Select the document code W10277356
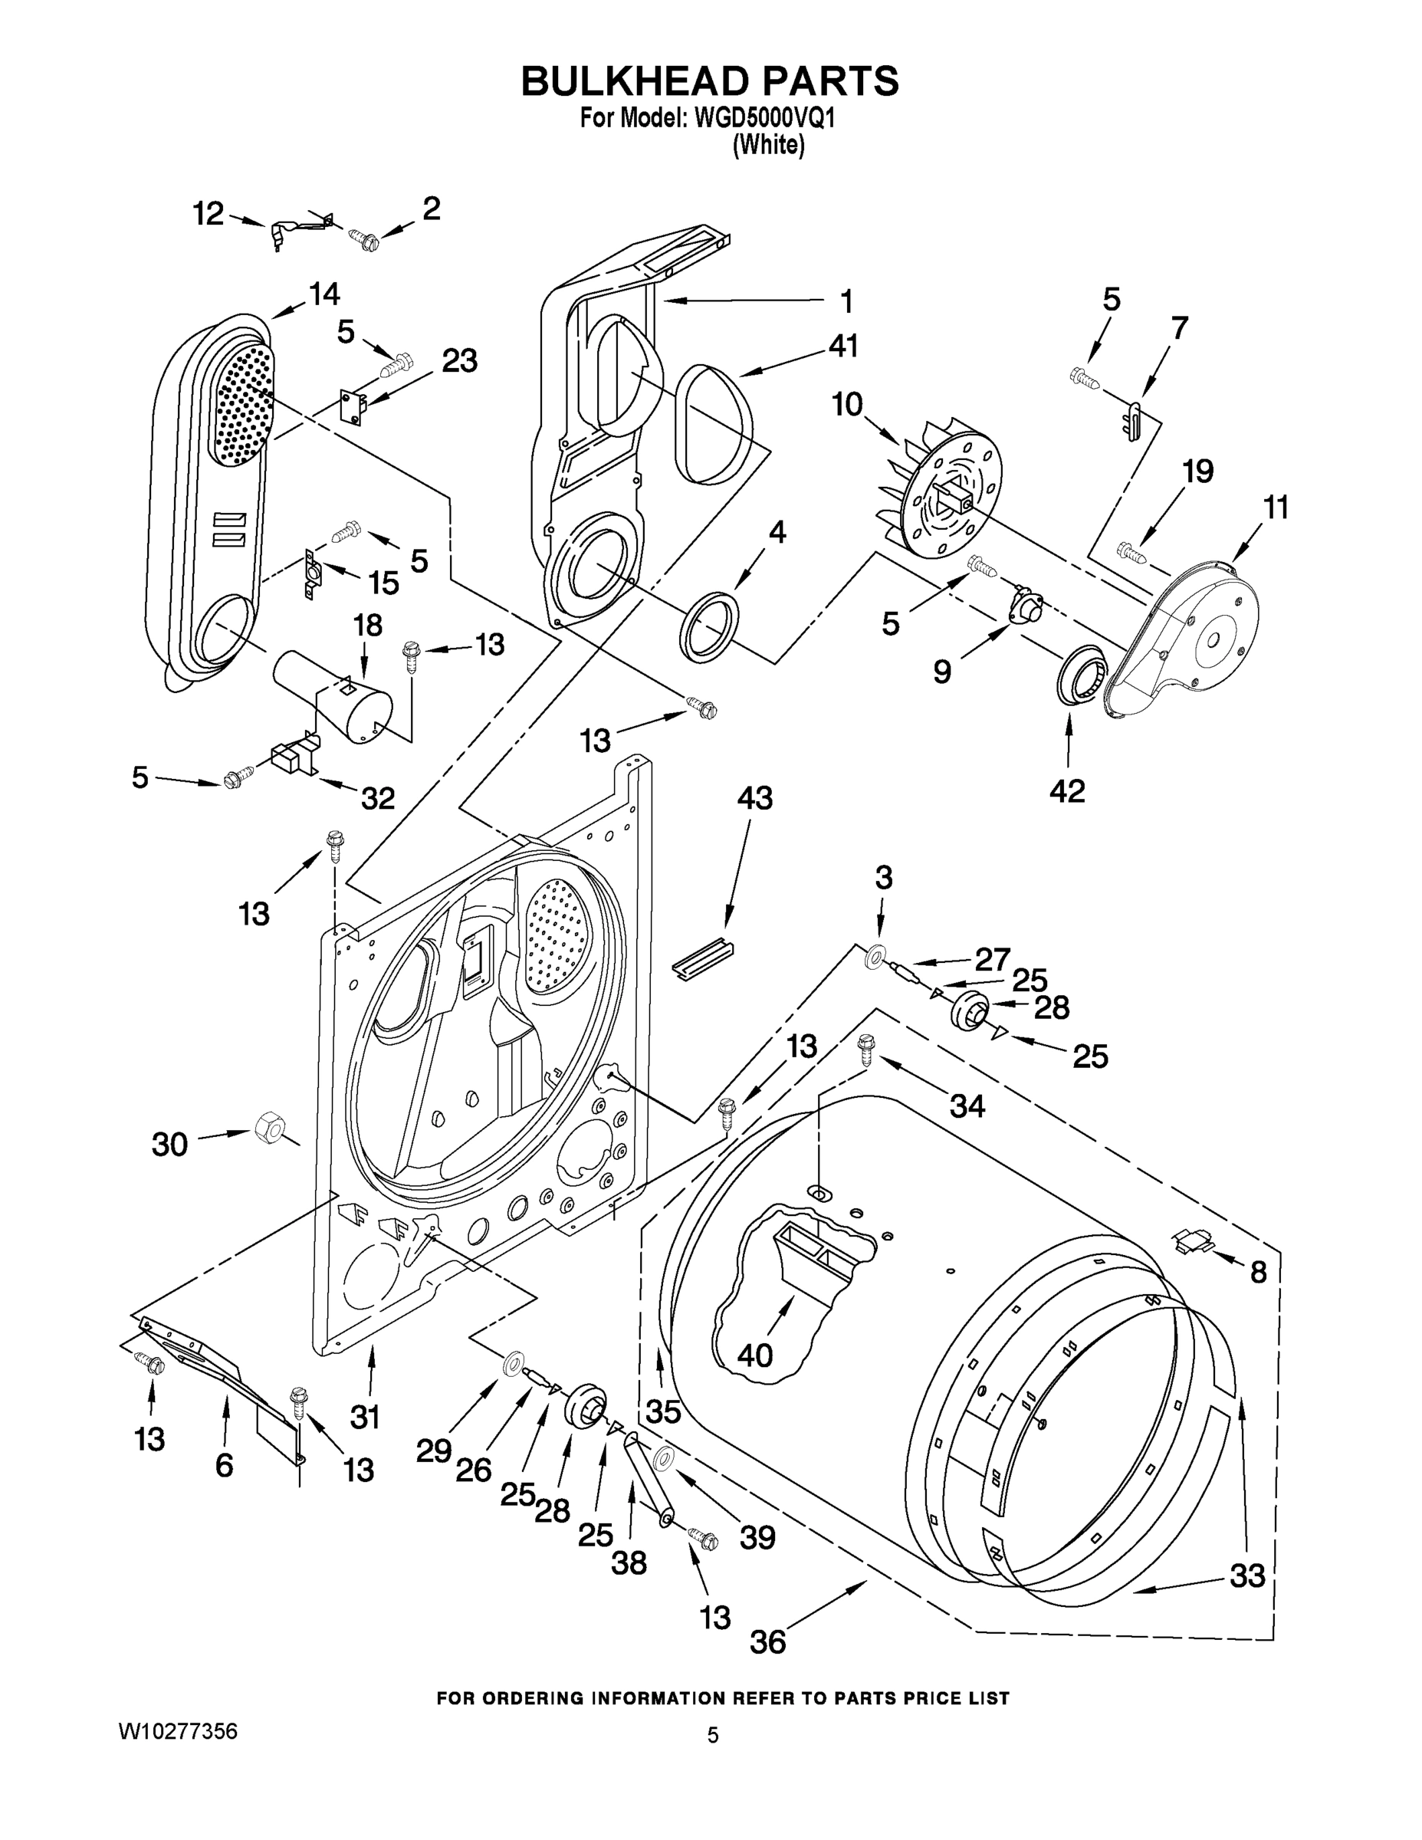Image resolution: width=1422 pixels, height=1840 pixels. [178, 1731]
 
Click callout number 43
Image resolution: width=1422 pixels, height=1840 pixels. [754, 799]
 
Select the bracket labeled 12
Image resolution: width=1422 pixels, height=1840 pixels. [297, 229]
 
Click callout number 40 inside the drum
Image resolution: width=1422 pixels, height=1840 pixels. [754, 1355]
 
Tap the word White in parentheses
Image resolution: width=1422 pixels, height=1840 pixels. [768, 145]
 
